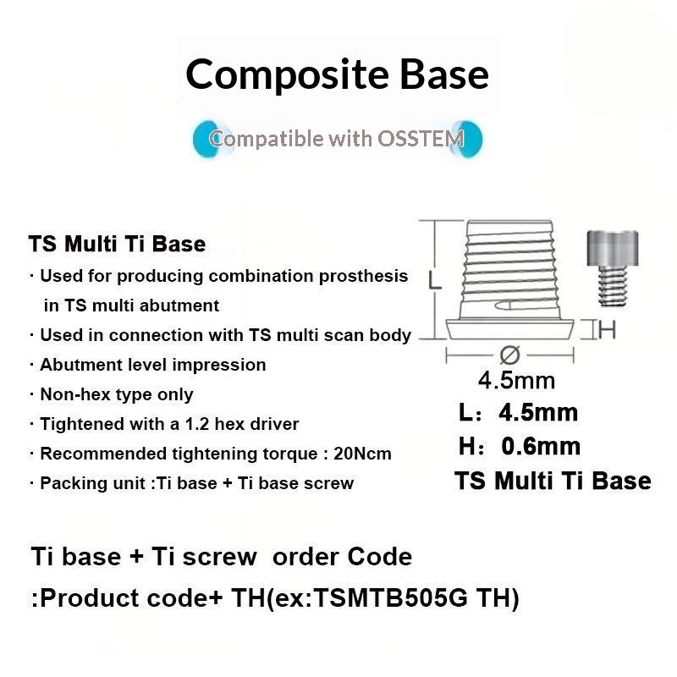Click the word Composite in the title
287,75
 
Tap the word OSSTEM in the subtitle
421,139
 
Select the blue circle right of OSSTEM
468,139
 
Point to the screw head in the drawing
612,248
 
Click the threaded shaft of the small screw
613,286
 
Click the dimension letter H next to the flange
607,330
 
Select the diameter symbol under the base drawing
509,355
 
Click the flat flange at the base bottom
509,329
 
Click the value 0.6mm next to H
541,447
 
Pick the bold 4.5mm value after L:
538,413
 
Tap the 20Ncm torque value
363,454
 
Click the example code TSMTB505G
390,598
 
